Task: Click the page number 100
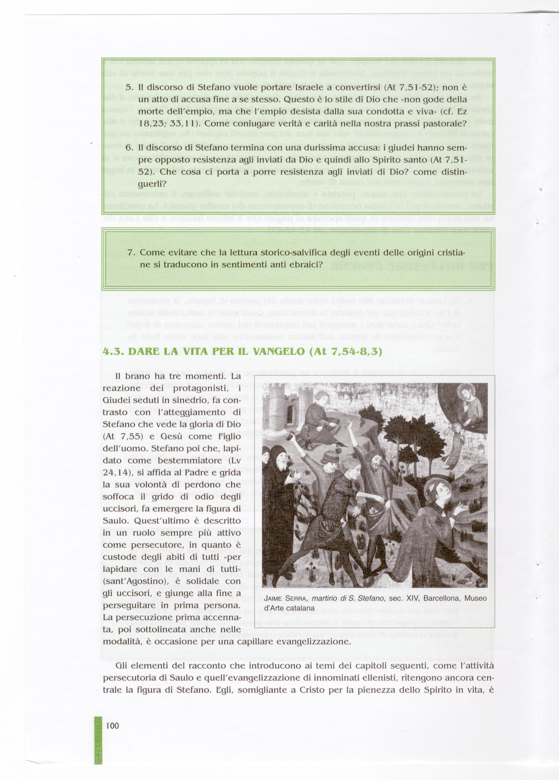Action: tap(113, 726)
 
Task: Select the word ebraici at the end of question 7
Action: tap(307, 265)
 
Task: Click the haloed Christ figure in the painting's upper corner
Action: tap(467, 402)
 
